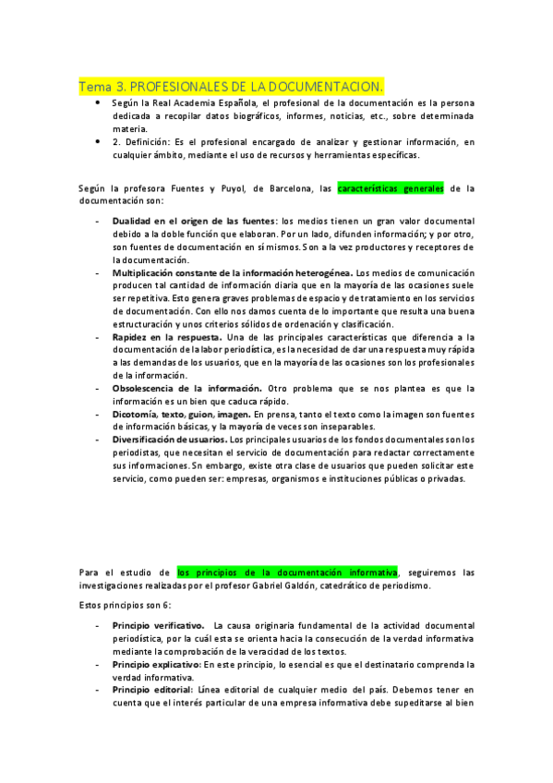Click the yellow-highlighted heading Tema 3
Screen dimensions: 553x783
point(231,86)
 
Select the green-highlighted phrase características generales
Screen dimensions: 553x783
point(391,188)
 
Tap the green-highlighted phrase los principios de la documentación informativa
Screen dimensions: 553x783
point(287,572)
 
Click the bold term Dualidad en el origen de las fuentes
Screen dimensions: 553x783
point(194,222)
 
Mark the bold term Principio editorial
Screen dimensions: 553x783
point(152,689)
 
